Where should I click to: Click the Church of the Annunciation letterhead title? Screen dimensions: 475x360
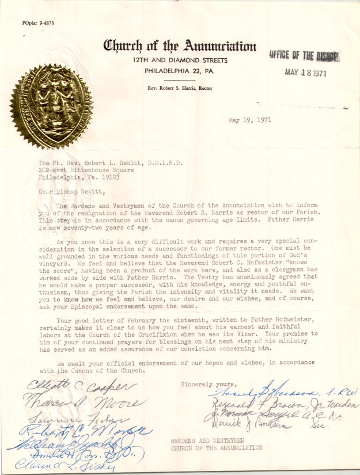point(179,47)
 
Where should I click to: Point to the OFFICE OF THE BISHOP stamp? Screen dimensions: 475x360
point(304,55)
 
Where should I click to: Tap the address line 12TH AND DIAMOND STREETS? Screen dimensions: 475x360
point(179,60)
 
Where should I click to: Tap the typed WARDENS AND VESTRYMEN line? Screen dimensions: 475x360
point(200,440)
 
